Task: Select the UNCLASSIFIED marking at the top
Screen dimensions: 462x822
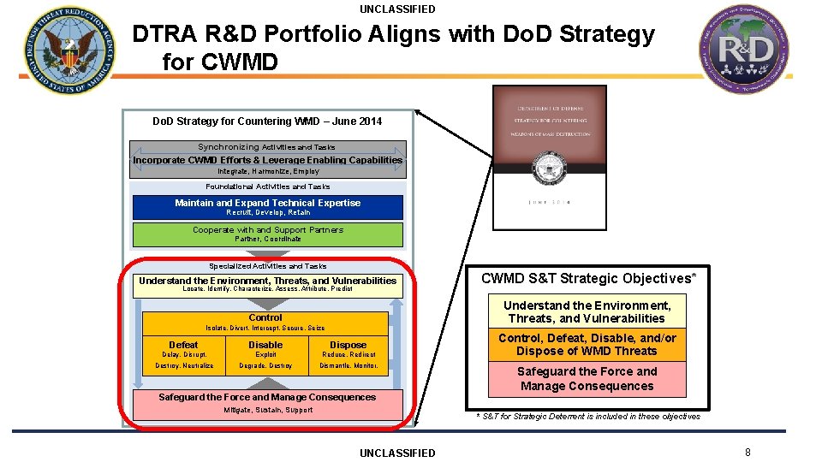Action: [397, 9]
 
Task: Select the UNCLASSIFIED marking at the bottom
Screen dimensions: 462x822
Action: [397, 453]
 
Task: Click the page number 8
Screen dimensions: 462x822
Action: [748, 453]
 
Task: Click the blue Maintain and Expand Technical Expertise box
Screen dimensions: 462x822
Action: [267, 207]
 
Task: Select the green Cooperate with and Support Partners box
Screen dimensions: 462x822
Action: [267, 234]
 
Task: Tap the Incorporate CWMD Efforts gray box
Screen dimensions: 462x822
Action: [267, 160]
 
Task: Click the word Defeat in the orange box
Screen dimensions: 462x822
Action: [183, 345]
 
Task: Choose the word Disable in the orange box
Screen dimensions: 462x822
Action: [265, 345]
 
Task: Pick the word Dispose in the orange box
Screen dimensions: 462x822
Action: [348, 345]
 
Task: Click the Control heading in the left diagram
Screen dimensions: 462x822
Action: [265, 317]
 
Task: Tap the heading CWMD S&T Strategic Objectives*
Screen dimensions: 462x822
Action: [588, 278]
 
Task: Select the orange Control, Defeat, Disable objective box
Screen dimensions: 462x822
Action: [587, 345]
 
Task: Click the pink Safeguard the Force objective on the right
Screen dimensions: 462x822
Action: [587, 379]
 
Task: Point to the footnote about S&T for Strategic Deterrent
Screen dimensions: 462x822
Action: [588, 417]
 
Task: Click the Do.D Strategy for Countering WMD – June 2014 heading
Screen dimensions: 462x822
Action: [267, 121]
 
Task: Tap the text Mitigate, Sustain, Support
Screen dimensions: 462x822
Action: [268, 410]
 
